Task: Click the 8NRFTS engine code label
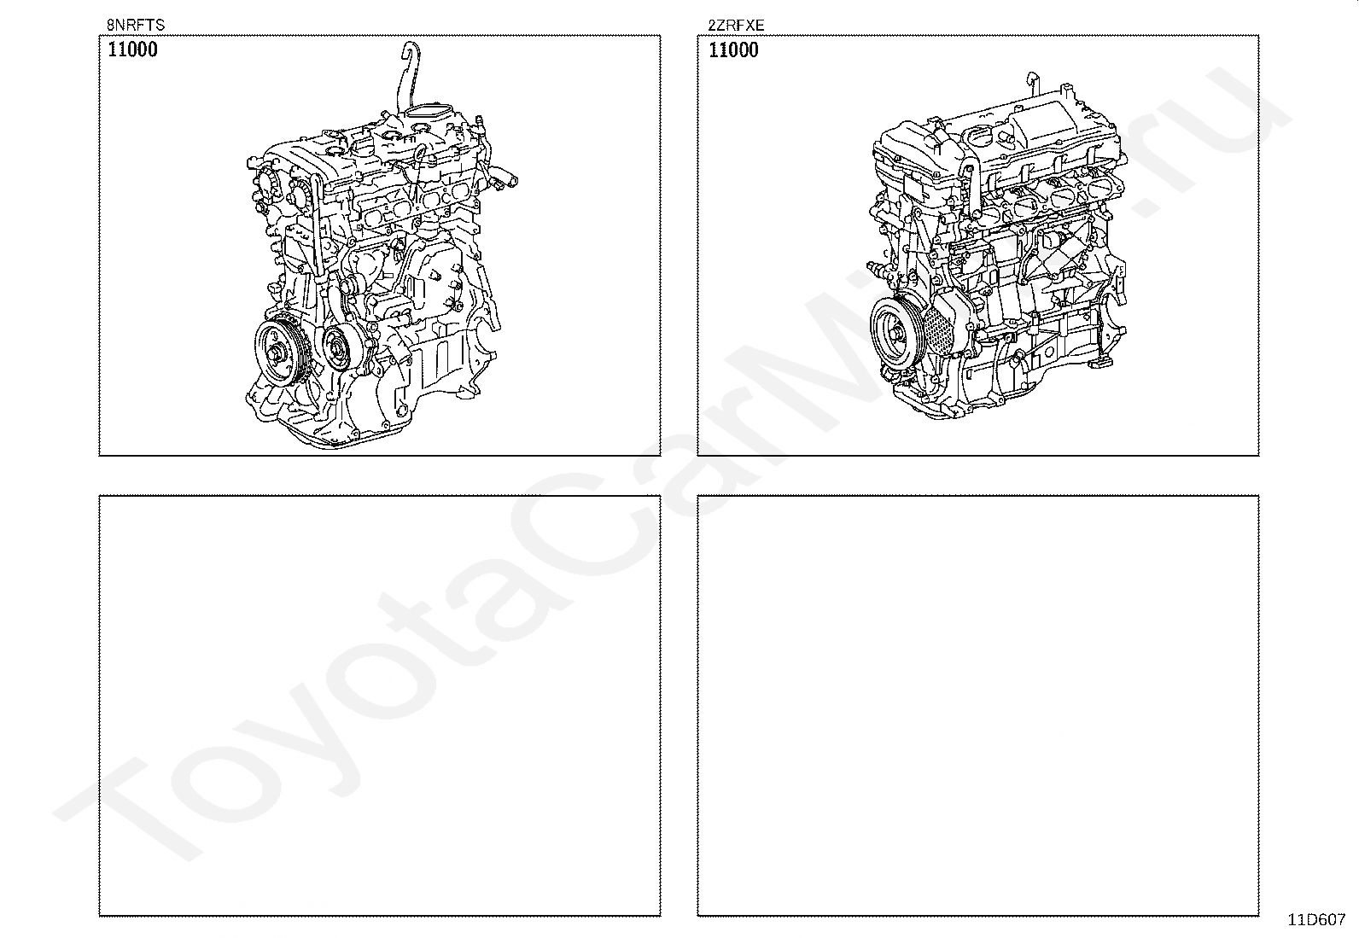click(135, 25)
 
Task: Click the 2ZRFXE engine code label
click(736, 25)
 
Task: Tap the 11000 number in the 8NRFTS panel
click(132, 50)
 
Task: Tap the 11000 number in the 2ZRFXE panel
click(733, 50)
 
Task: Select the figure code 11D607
click(1317, 920)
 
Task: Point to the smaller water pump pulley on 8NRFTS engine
click(336, 349)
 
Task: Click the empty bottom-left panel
click(380, 706)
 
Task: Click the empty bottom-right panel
click(978, 706)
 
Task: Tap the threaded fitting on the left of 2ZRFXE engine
click(876, 267)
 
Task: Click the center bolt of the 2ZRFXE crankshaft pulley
click(896, 333)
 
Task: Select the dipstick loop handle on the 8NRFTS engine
click(418, 153)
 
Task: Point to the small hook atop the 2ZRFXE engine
click(1031, 79)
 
